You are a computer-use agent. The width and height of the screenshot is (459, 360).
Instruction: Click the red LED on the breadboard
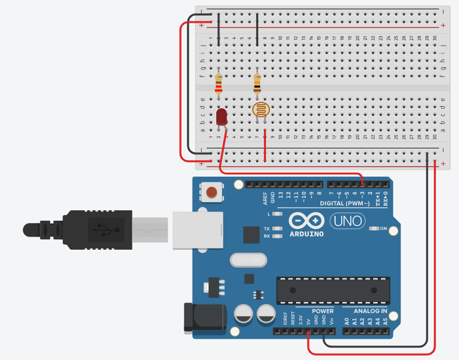point(222,117)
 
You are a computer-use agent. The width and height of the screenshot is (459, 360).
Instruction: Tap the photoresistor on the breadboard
point(261,109)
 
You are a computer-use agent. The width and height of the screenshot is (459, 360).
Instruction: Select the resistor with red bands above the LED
point(218,82)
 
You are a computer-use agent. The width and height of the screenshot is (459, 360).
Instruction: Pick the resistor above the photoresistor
point(257,82)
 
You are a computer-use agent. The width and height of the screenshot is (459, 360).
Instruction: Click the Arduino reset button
point(211,193)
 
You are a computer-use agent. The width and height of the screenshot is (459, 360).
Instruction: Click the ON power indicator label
point(383,228)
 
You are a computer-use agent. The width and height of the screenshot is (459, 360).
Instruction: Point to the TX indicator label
point(267,228)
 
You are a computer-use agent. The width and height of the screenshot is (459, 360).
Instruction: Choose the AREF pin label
point(265,198)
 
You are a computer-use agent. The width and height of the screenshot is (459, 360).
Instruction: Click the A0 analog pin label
point(347,321)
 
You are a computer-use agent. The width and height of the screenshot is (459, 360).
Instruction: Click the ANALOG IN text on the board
point(370,311)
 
